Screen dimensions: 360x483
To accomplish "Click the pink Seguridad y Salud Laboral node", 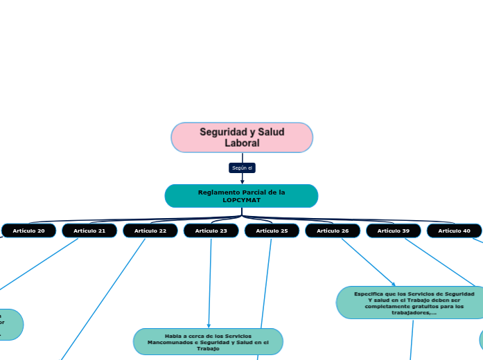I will [242, 137].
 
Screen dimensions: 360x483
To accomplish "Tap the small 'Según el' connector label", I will [242, 168].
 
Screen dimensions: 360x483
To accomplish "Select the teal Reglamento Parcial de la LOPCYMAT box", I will [241, 196].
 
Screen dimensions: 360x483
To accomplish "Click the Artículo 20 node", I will [28, 231].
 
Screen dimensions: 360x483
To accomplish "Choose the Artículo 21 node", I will [89, 231].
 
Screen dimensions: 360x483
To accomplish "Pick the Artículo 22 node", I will [150, 231].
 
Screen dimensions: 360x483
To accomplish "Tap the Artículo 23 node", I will [211, 231].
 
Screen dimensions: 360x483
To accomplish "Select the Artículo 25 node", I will [272, 231].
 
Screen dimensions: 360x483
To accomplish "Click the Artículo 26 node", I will [333, 231].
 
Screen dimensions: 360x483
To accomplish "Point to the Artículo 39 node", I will [394, 231].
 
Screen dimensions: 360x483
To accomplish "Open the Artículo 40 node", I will [454, 231].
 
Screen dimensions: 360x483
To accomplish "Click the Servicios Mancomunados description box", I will [208, 342].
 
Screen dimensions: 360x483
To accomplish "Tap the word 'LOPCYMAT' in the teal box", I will [242, 200].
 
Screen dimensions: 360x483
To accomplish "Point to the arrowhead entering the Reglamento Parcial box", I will [242, 181].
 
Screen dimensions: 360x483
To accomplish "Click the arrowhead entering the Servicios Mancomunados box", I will [209, 325].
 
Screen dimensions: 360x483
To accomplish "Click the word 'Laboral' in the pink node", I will [242, 143].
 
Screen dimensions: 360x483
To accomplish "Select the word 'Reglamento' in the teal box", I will [220, 192].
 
